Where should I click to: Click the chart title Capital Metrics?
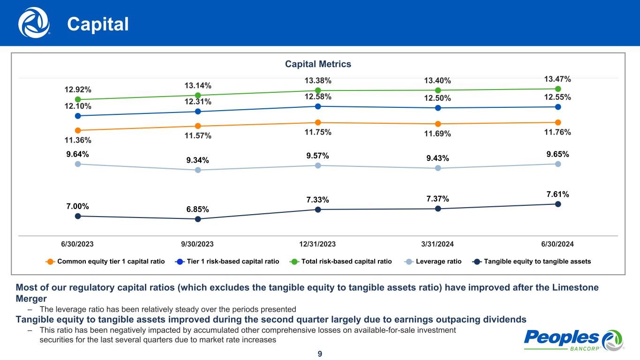point(318,64)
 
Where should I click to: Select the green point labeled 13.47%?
point(558,89)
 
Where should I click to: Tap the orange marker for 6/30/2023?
point(78,130)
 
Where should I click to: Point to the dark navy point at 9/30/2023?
point(198,219)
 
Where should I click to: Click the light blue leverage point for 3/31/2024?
point(438,168)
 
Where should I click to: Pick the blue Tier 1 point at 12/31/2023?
point(318,106)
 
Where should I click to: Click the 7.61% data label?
point(557,194)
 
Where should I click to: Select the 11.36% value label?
point(78,140)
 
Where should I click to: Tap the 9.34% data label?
point(197,160)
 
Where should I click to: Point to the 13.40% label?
point(437,82)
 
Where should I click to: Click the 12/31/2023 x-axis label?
point(317,244)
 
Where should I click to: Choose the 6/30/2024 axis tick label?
point(557,244)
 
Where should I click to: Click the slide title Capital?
point(98,24)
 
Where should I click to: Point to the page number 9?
point(320,354)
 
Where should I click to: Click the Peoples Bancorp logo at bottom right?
point(573,339)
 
